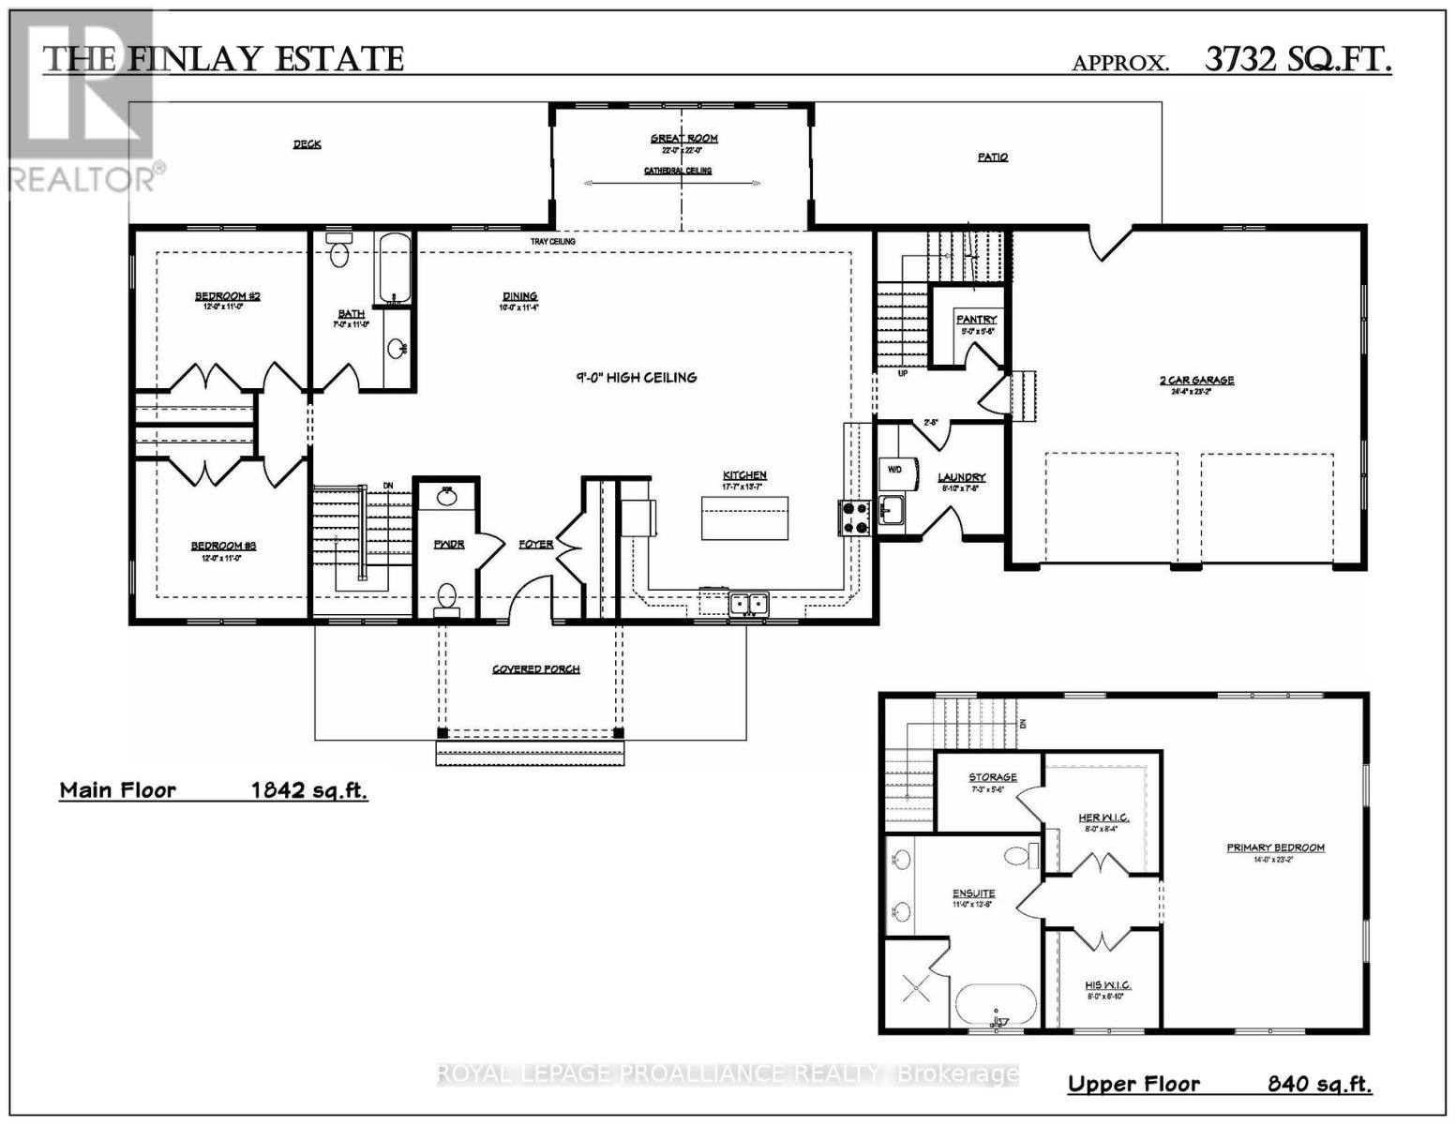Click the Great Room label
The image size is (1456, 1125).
click(684, 139)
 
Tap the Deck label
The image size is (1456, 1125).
click(308, 144)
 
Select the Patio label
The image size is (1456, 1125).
click(993, 157)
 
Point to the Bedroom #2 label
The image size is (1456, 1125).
click(228, 297)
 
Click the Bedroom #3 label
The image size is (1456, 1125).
click(224, 547)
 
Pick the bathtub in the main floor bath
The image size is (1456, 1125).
click(394, 268)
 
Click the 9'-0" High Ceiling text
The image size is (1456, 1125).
click(637, 378)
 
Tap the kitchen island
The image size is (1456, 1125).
click(744, 518)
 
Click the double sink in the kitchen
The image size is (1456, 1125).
click(749, 603)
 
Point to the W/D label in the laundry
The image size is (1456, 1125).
click(894, 470)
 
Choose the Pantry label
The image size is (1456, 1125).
click(976, 320)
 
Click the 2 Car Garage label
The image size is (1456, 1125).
click(1196, 381)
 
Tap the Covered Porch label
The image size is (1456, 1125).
click(536, 669)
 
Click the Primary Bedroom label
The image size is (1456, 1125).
click(1275, 848)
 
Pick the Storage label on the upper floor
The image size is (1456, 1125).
click(992, 777)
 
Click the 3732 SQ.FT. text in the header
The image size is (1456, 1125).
click(1298, 60)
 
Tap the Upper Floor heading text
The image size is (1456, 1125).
click(1133, 1085)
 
